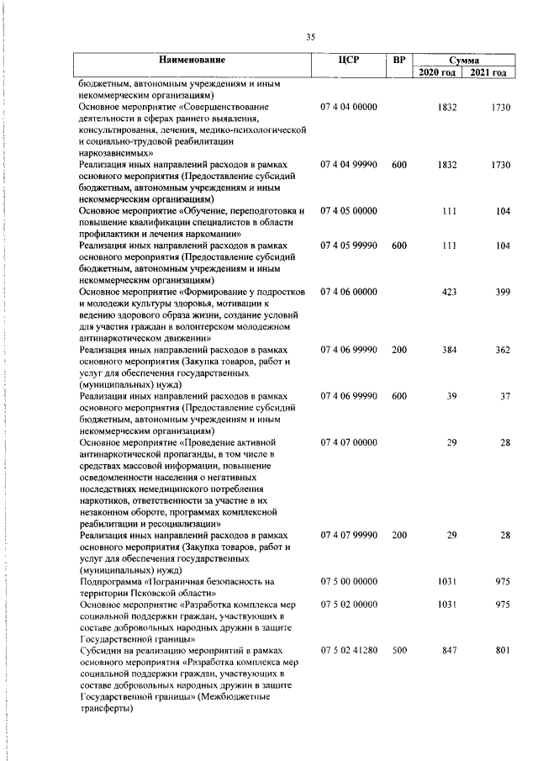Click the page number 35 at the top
click(x=310, y=37)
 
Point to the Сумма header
click(x=463, y=61)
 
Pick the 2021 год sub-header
click(x=489, y=73)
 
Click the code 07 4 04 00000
click(x=349, y=108)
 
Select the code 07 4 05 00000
click(x=349, y=211)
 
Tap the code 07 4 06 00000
click(x=349, y=292)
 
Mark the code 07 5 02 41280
click(x=349, y=651)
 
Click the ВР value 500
click(x=399, y=651)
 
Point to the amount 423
click(x=449, y=292)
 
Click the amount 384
click(x=449, y=350)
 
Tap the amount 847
click(x=449, y=651)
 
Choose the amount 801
click(x=502, y=651)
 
